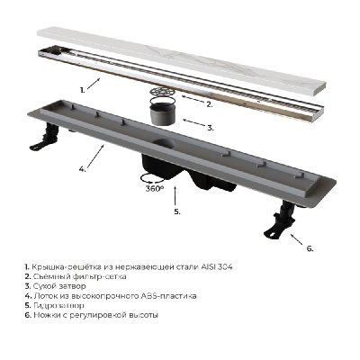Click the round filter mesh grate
[163, 91]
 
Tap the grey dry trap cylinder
[164, 113]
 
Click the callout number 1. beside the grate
[82, 89]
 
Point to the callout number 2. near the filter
[210, 104]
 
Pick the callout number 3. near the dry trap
[211, 128]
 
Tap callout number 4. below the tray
[82, 169]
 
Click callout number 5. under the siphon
[177, 211]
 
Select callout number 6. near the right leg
[310, 248]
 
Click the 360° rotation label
[155, 189]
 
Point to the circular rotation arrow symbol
[152, 178]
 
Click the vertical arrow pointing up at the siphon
[175, 196]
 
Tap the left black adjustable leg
[44, 137]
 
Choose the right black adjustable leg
[280, 220]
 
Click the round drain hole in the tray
[164, 144]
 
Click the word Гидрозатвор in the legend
[58, 306]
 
